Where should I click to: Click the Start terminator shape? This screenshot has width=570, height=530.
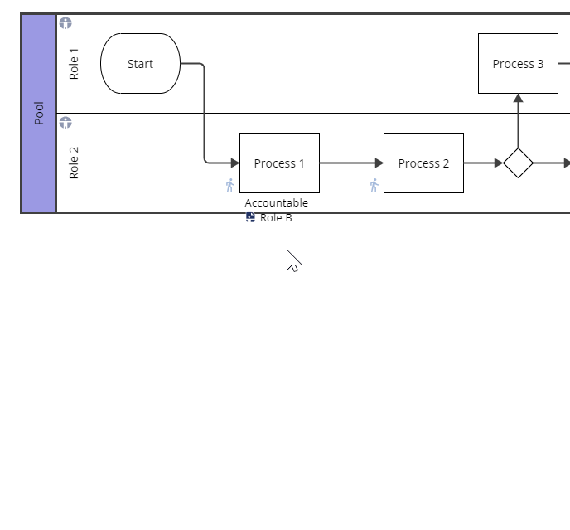tap(140, 64)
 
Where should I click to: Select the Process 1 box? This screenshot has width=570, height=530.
tap(279, 163)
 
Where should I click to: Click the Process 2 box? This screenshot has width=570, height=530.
tap(423, 163)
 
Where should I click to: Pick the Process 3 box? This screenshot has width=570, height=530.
tap(518, 64)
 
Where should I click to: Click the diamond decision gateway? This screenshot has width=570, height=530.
tap(518, 163)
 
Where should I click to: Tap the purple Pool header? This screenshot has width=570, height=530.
tap(39, 113)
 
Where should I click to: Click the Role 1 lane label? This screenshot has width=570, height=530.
tap(74, 64)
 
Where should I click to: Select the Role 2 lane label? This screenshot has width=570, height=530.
tap(74, 163)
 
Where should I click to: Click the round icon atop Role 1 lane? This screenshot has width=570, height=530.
tap(65, 23)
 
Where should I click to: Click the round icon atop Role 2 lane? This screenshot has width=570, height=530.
tap(65, 123)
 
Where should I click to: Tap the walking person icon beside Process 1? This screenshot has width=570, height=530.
tap(230, 185)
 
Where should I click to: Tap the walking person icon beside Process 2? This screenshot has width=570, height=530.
tap(374, 185)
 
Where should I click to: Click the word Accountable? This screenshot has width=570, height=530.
tap(276, 203)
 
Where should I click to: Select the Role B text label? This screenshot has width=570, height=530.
tap(276, 218)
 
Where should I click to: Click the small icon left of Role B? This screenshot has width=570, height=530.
tap(250, 217)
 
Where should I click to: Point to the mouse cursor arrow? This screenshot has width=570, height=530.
tap(292, 260)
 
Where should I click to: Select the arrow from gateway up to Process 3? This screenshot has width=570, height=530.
tap(518, 123)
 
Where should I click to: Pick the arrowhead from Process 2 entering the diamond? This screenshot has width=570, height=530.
tap(498, 163)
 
